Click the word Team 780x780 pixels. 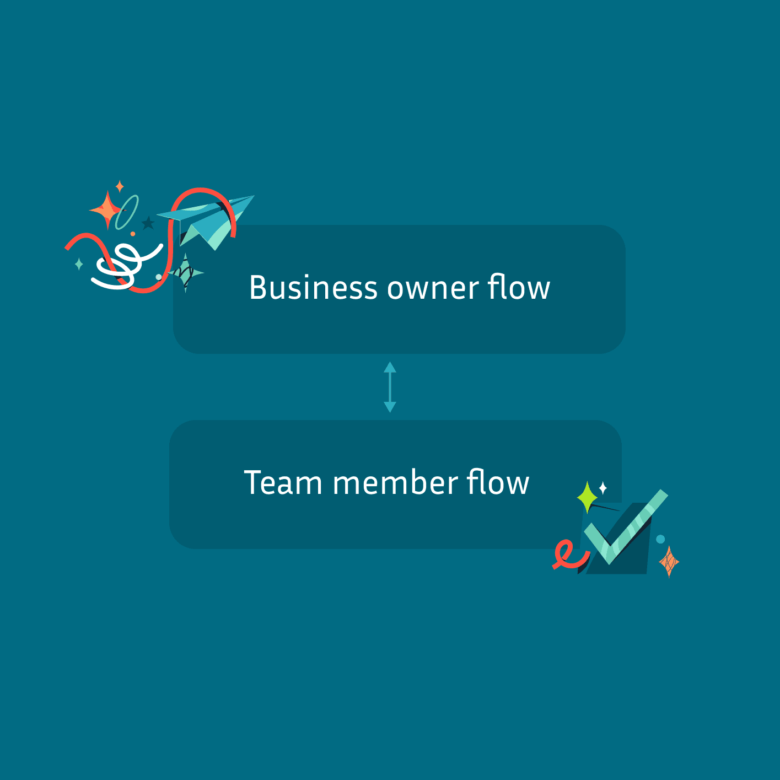click(x=283, y=483)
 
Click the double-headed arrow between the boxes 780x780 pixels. click(x=390, y=387)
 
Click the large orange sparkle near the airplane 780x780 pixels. click(x=106, y=210)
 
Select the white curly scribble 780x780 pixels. click(x=124, y=265)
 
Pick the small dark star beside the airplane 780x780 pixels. click(x=148, y=223)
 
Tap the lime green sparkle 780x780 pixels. click(x=587, y=497)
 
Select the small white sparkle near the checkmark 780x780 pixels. click(x=603, y=487)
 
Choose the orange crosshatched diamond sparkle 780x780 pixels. click(x=669, y=562)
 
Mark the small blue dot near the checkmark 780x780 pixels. click(x=660, y=539)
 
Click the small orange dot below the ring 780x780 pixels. click(x=133, y=234)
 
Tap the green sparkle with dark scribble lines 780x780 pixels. click(x=186, y=272)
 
